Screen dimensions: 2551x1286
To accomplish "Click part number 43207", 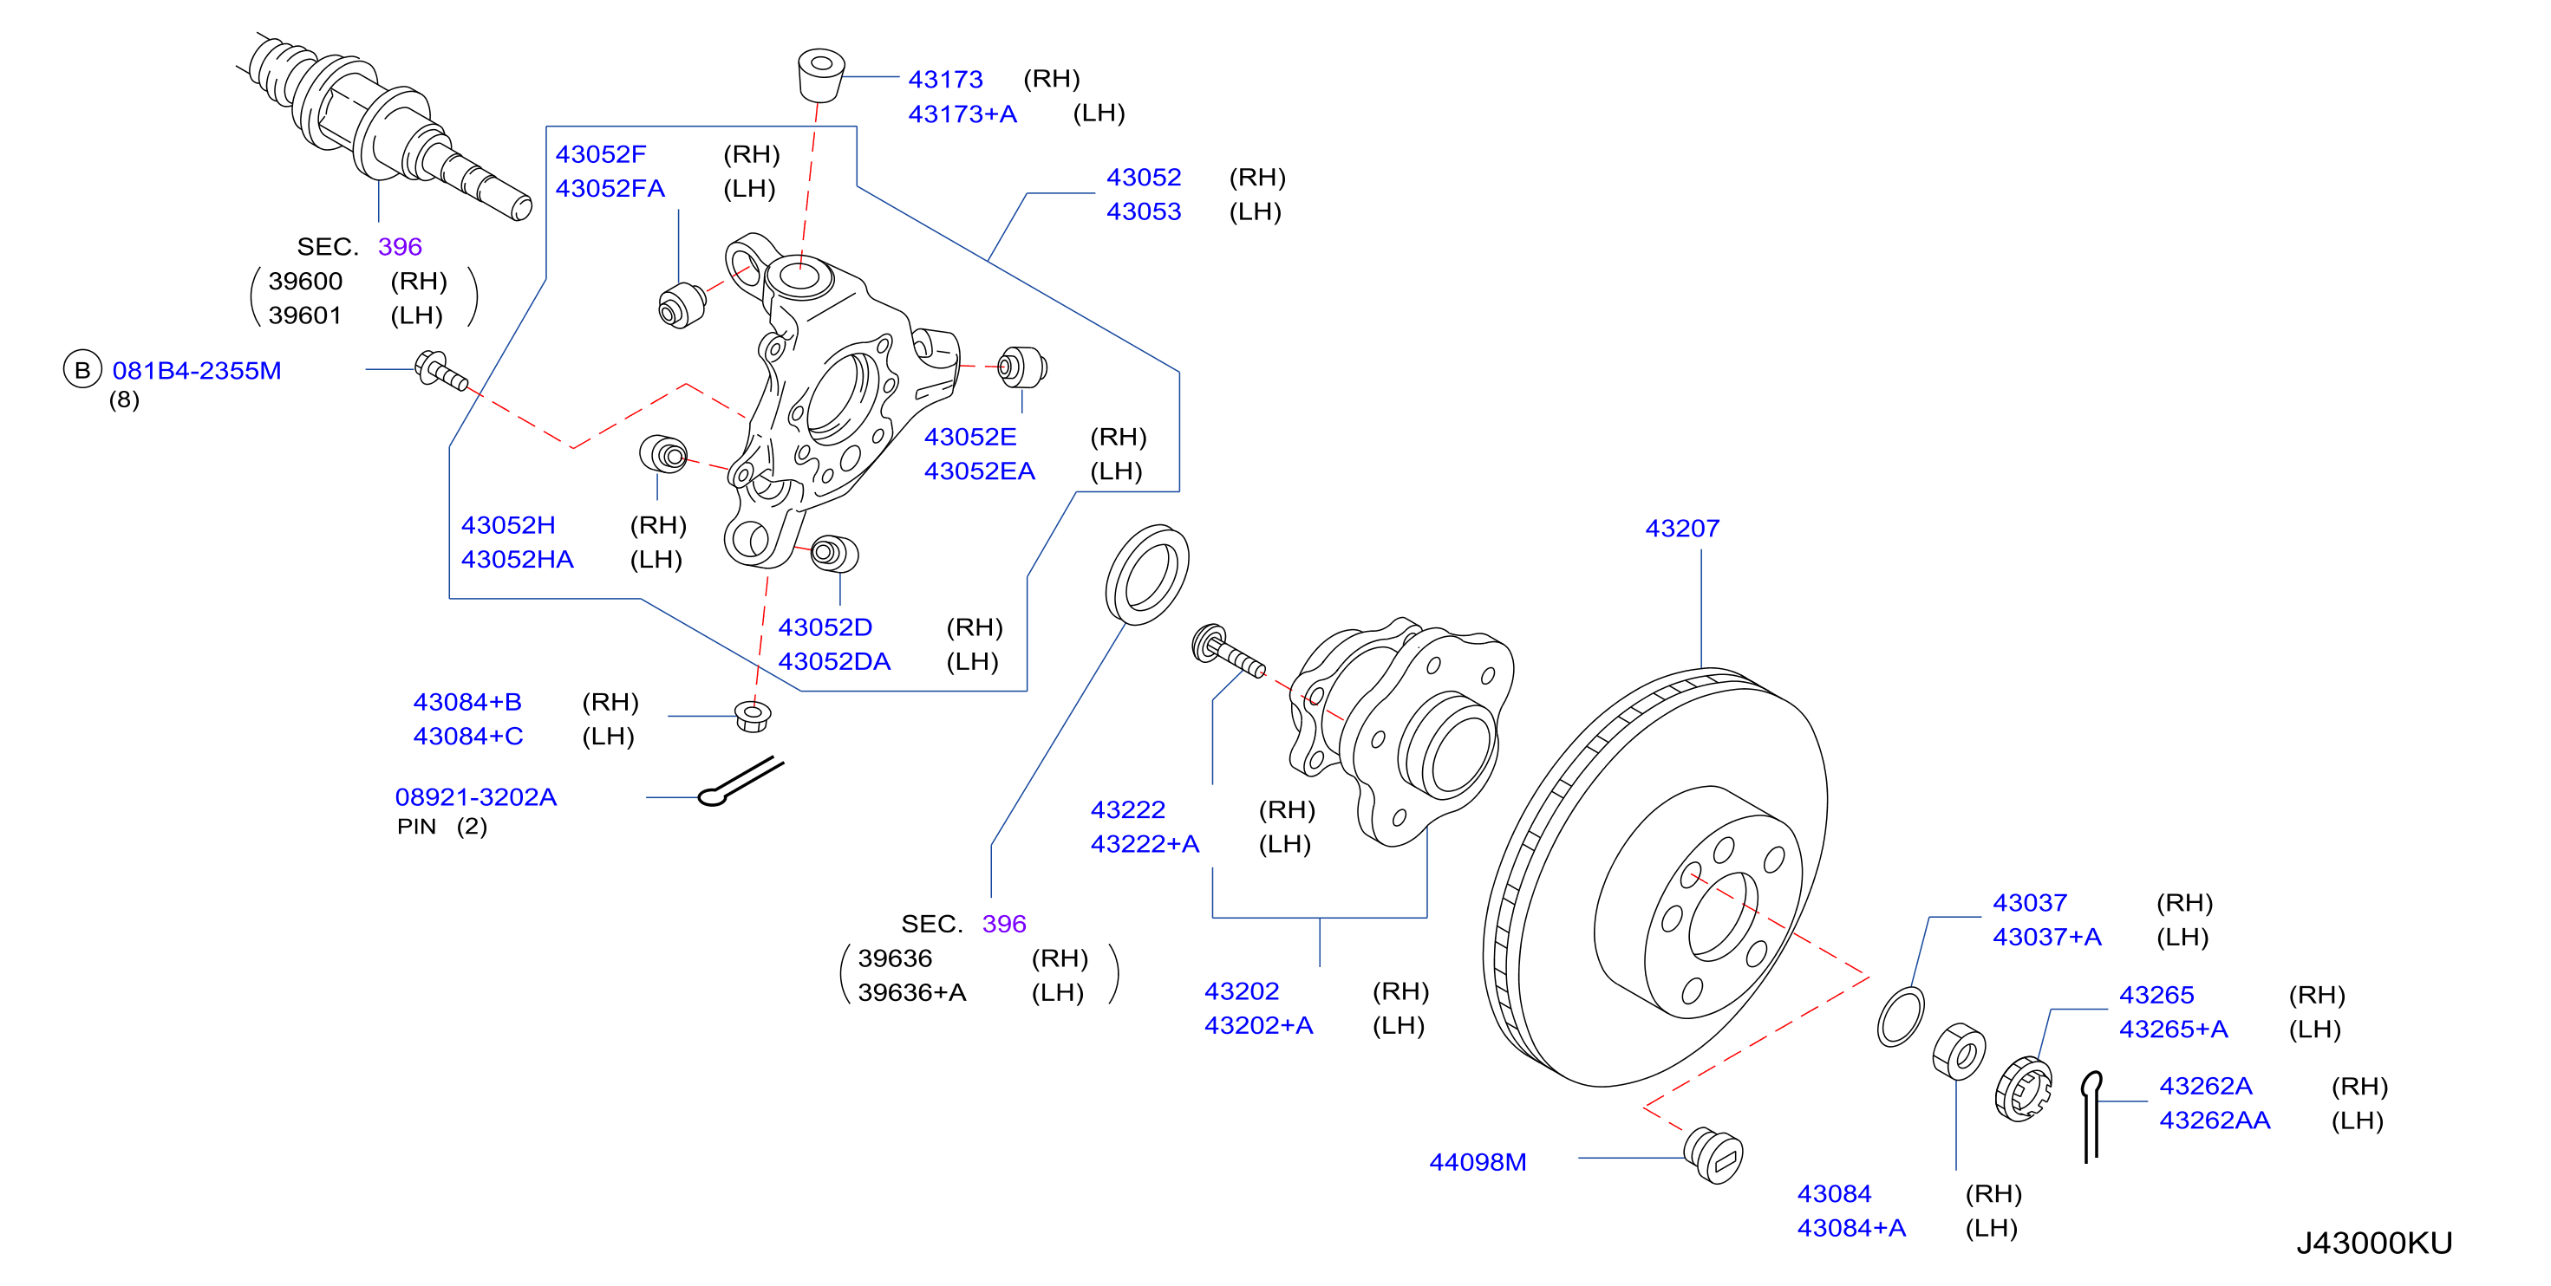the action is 1681,529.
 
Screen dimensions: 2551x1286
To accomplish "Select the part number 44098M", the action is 1478,1162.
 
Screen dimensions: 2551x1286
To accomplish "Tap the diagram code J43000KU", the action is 2375,1244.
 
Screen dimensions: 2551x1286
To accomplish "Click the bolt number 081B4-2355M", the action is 197,371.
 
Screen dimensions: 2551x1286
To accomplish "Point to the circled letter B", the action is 82,370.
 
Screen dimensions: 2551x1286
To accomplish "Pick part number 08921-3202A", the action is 476,797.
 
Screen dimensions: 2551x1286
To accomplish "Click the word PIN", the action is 417,827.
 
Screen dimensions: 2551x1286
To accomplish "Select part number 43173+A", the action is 962,114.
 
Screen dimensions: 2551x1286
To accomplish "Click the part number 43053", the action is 1144,211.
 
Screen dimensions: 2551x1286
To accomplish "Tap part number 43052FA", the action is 610,188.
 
